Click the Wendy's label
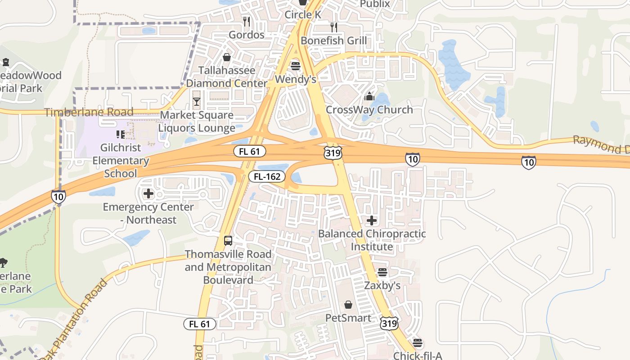tap(295, 79)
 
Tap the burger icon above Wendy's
tap(295, 66)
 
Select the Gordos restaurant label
tap(246, 35)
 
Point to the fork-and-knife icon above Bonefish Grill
tap(333, 27)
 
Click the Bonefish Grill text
tap(333, 40)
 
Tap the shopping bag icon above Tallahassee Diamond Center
tap(227, 57)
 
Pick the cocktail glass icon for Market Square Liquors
tap(197, 102)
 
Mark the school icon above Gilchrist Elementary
tap(120, 134)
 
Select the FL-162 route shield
tap(267, 177)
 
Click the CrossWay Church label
tap(369, 110)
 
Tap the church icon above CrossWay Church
tap(369, 96)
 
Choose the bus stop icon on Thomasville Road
tap(228, 240)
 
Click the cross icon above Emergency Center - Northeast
tap(148, 194)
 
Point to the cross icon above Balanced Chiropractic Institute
tap(372, 220)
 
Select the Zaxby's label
tap(382, 286)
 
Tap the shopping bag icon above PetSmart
tap(348, 305)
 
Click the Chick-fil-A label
tap(418, 355)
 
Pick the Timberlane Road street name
tap(89, 112)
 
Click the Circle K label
tap(303, 15)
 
